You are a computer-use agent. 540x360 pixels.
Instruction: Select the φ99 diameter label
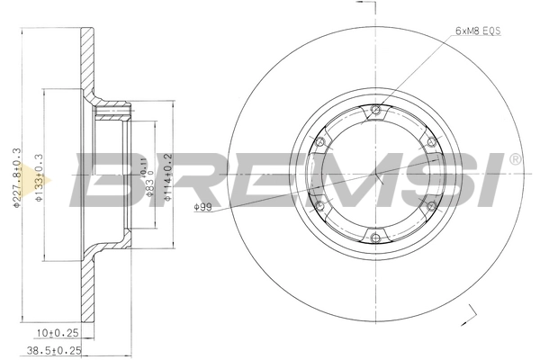202,209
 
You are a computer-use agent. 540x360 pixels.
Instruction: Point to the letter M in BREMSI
334,177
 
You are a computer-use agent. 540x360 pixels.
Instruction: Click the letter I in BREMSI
490,177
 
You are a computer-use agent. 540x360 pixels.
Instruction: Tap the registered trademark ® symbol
515,159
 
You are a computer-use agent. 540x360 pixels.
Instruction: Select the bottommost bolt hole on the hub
375,238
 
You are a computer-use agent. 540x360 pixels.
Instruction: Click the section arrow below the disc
468,314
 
